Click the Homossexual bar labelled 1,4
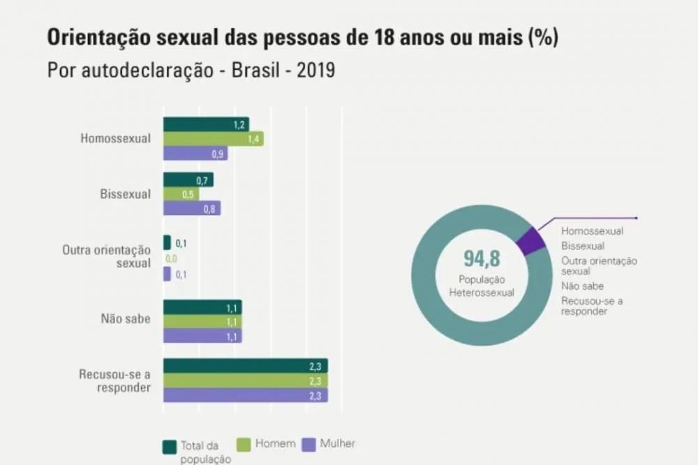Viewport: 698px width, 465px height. (x=213, y=139)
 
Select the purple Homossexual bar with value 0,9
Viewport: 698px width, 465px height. (x=195, y=154)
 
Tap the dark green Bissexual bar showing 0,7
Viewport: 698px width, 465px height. (x=188, y=180)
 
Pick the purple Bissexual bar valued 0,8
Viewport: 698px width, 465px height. (x=192, y=208)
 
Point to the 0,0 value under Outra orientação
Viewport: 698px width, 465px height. (x=171, y=259)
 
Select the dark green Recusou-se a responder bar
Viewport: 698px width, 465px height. (x=245, y=366)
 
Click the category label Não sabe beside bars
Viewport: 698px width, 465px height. (x=126, y=320)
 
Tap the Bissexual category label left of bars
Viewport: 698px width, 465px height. (x=125, y=194)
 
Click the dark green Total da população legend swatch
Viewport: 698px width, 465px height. (x=168, y=446)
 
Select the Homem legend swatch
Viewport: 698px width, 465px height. (x=244, y=444)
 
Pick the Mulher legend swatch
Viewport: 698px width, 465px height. (x=307, y=444)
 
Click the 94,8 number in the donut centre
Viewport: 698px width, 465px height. (x=482, y=259)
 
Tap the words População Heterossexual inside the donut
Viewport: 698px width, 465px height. (x=482, y=286)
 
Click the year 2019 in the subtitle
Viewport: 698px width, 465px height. (x=315, y=71)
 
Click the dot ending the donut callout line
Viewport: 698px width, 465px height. (x=636, y=218)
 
